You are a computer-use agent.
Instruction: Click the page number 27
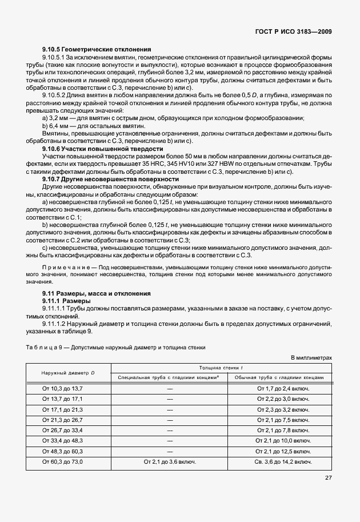point(327,478)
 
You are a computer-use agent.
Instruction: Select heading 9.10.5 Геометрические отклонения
point(97,50)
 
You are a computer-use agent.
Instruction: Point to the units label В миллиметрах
point(311,357)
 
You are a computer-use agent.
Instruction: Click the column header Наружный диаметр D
point(68,373)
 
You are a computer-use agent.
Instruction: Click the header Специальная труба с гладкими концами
point(169,378)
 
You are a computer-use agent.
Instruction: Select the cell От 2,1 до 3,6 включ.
point(170,461)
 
